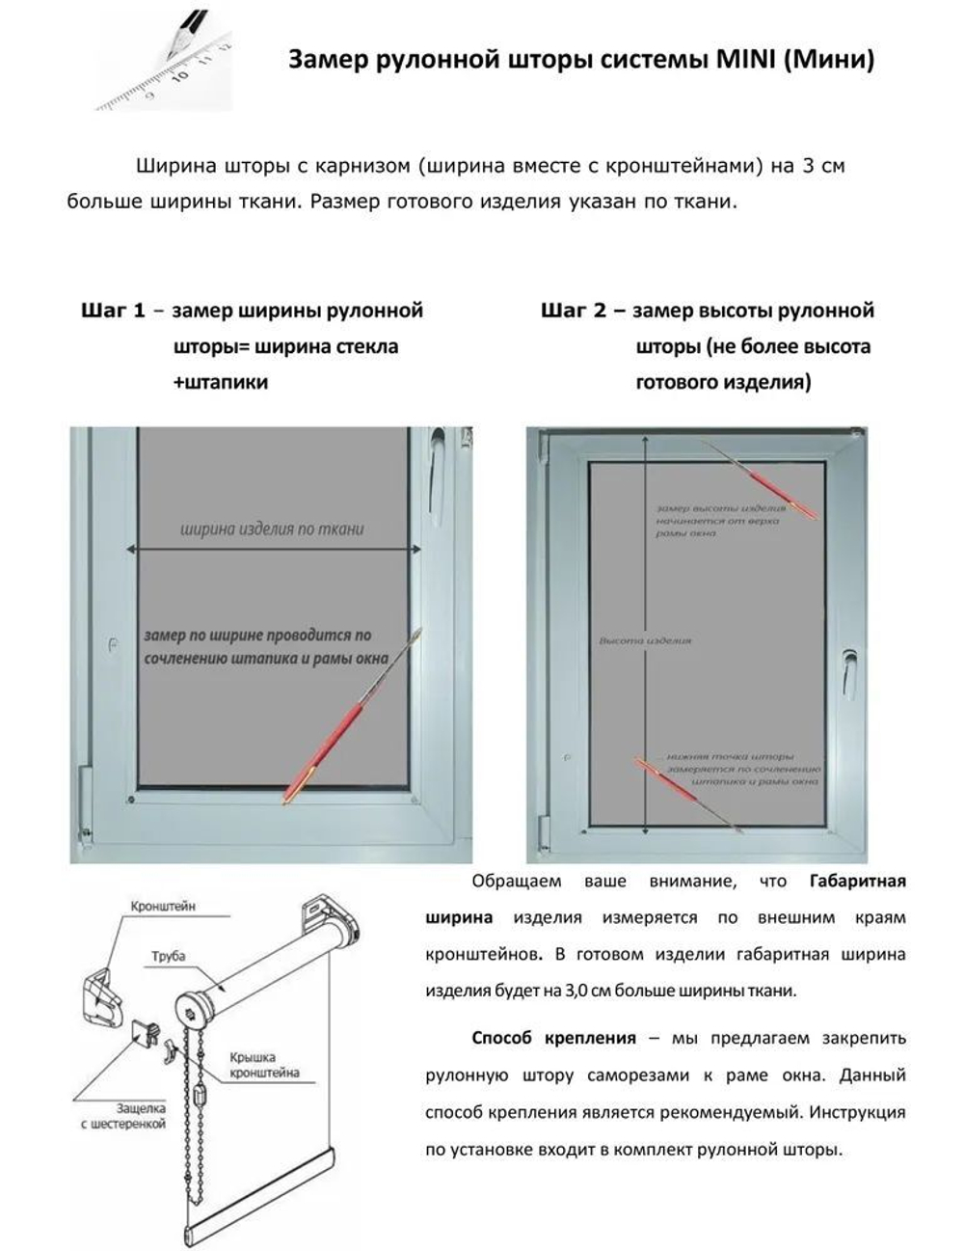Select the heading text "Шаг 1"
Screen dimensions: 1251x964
coord(113,311)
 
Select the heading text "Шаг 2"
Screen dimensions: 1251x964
coord(573,311)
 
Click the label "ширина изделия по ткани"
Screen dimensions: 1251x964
coord(272,529)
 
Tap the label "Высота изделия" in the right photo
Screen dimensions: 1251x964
coord(645,640)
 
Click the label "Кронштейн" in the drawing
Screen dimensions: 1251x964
coord(163,907)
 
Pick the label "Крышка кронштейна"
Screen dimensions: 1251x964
coord(264,1065)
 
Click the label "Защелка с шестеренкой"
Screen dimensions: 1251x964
coord(122,1117)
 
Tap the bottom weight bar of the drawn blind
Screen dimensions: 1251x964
coord(260,1227)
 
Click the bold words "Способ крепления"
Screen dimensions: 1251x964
coord(553,1039)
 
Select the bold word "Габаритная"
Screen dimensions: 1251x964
coord(857,881)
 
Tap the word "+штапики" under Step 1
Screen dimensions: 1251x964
coord(221,382)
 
